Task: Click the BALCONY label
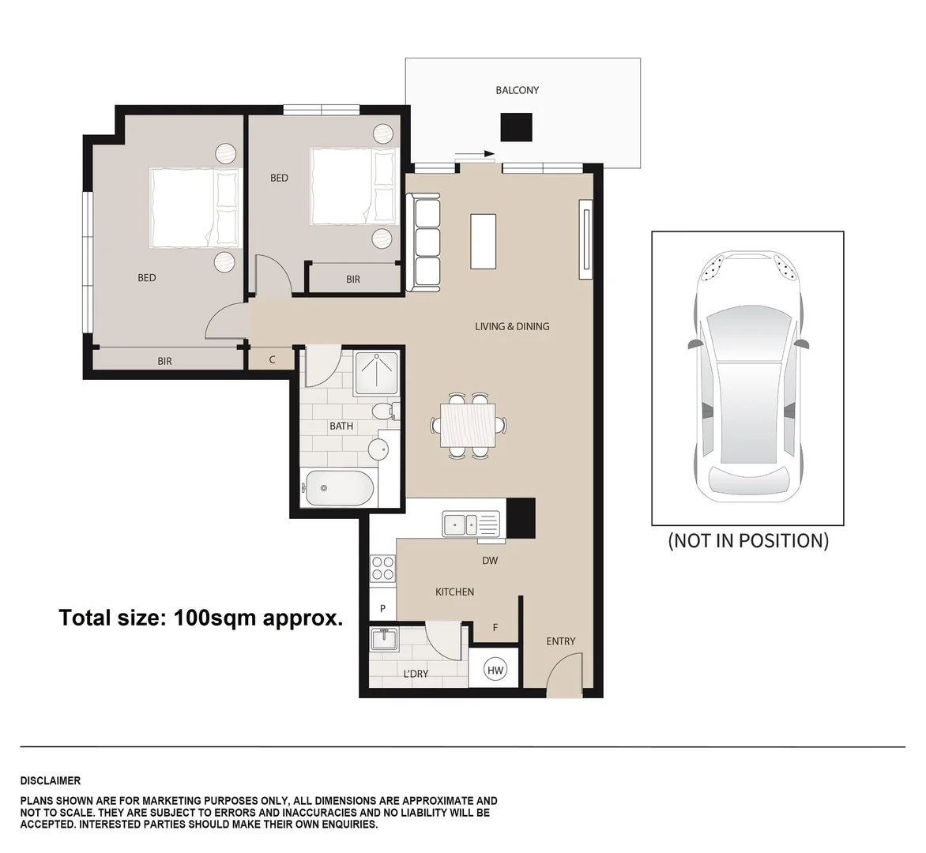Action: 517,90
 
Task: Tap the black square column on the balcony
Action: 517,127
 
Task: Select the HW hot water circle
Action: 495,671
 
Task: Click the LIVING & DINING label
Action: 512,326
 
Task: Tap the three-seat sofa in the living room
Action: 427,244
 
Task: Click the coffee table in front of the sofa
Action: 484,241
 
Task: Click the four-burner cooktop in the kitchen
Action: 382,569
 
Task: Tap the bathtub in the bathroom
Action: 338,489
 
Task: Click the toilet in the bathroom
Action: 386,411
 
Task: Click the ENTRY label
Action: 560,641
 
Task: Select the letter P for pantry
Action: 382,609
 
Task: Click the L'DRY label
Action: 416,674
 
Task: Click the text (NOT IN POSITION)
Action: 747,541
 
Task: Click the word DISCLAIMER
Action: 51,781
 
